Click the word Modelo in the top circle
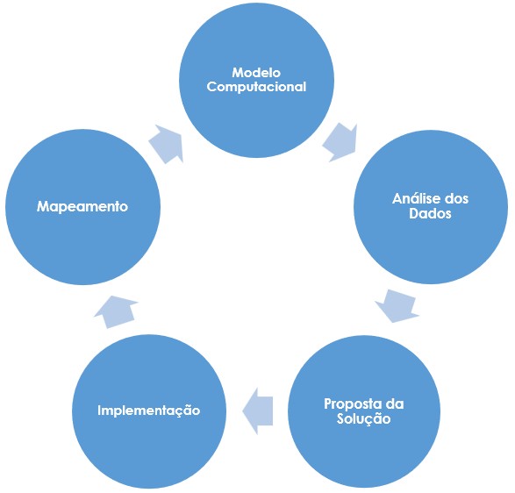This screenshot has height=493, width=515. tap(256, 73)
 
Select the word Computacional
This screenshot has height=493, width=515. tap(256, 87)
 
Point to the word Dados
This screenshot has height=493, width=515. tap(430, 213)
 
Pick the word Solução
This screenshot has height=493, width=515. tap(363, 418)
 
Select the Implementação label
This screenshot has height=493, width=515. tap(149, 411)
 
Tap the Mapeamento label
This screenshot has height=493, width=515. tap(82, 207)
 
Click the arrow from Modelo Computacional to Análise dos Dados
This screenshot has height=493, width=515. tap(340, 142)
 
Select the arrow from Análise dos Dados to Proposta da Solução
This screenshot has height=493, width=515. tap(397, 306)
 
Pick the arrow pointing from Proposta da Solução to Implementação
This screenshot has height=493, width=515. tap(258, 411)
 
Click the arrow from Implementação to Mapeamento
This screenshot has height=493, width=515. tap(115, 312)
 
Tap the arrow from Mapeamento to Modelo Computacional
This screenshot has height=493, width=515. tap(166, 144)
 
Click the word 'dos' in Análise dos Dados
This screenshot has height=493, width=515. tap(456, 199)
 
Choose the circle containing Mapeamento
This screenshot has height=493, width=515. tap(82, 207)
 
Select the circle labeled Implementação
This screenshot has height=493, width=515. tap(149, 411)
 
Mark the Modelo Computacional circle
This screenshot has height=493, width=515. tap(256, 80)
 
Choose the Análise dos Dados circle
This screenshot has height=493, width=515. tap(431, 207)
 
